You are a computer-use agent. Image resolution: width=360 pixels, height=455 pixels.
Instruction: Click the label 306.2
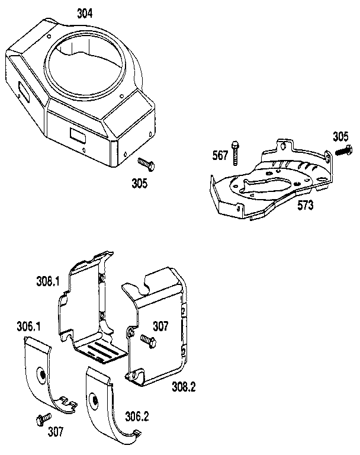137,416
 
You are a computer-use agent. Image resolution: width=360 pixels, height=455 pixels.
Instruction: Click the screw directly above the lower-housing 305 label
146,163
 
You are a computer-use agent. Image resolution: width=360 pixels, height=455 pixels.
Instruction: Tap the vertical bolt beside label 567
236,152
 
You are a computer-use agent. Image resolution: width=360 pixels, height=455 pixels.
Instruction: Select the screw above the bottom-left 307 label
42,419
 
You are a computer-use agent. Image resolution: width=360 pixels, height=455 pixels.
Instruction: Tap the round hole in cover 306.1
43,374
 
